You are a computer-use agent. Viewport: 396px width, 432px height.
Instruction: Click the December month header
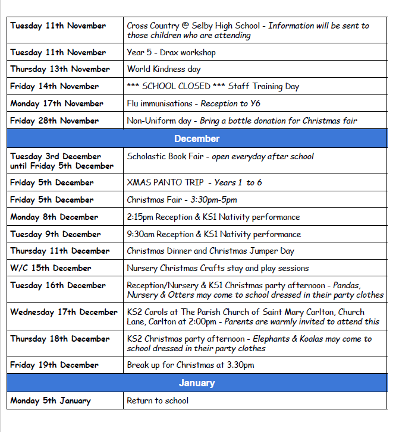coord(197,138)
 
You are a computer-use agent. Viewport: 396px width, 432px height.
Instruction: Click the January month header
coord(197,383)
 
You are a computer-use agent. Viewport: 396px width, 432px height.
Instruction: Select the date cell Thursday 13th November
coord(60,69)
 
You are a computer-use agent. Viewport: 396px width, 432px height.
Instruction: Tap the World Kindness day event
coord(164,69)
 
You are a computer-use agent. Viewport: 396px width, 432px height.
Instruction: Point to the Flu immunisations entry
coord(159,103)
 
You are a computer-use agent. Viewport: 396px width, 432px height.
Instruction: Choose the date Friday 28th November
coord(54,121)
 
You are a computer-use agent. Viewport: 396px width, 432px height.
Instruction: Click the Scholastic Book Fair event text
coord(164,156)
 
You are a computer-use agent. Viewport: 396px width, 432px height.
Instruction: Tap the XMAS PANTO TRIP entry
coord(164,182)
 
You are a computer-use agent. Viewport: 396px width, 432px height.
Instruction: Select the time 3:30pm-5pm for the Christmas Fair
coord(213,200)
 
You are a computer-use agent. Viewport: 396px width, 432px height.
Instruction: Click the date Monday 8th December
coord(54,217)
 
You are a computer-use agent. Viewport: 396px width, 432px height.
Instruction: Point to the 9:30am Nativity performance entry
coord(213,234)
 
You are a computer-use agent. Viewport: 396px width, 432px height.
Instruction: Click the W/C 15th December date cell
coord(51,268)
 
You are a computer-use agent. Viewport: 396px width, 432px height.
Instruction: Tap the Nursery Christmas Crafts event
coord(218,268)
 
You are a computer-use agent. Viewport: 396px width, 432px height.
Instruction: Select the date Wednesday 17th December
coord(64,312)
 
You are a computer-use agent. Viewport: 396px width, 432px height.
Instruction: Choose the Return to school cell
coord(158,401)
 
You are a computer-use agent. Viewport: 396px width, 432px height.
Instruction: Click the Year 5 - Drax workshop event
coord(171,52)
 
